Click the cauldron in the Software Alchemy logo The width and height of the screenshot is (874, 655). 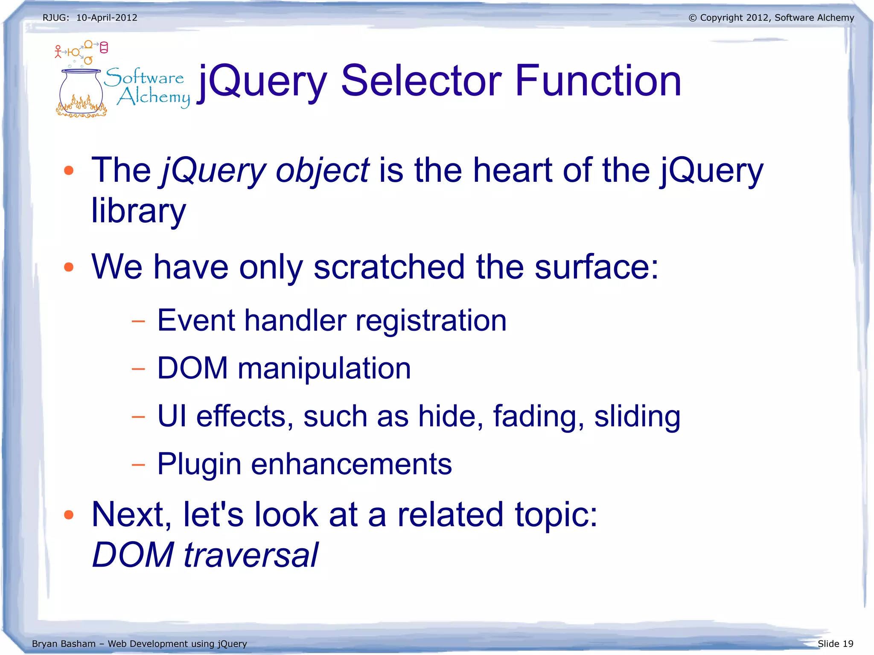click(x=81, y=92)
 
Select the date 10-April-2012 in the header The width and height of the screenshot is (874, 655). click(x=107, y=18)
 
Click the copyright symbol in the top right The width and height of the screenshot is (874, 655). click(x=693, y=18)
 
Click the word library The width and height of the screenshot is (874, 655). click(x=139, y=211)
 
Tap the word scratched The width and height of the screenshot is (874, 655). click(x=389, y=267)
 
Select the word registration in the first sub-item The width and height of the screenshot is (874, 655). click(x=431, y=320)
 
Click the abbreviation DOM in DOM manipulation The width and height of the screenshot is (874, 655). click(x=192, y=368)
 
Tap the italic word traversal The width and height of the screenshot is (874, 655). click(x=251, y=555)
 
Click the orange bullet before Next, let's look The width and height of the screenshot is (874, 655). click(x=69, y=515)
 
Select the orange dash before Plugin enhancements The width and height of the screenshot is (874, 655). click(x=138, y=464)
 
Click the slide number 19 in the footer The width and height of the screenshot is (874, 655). click(x=848, y=643)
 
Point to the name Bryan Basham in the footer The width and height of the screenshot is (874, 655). click(x=64, y=643)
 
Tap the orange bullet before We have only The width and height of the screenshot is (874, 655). click(x=69, y=267)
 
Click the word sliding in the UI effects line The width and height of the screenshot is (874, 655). click(x=637, y=417)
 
